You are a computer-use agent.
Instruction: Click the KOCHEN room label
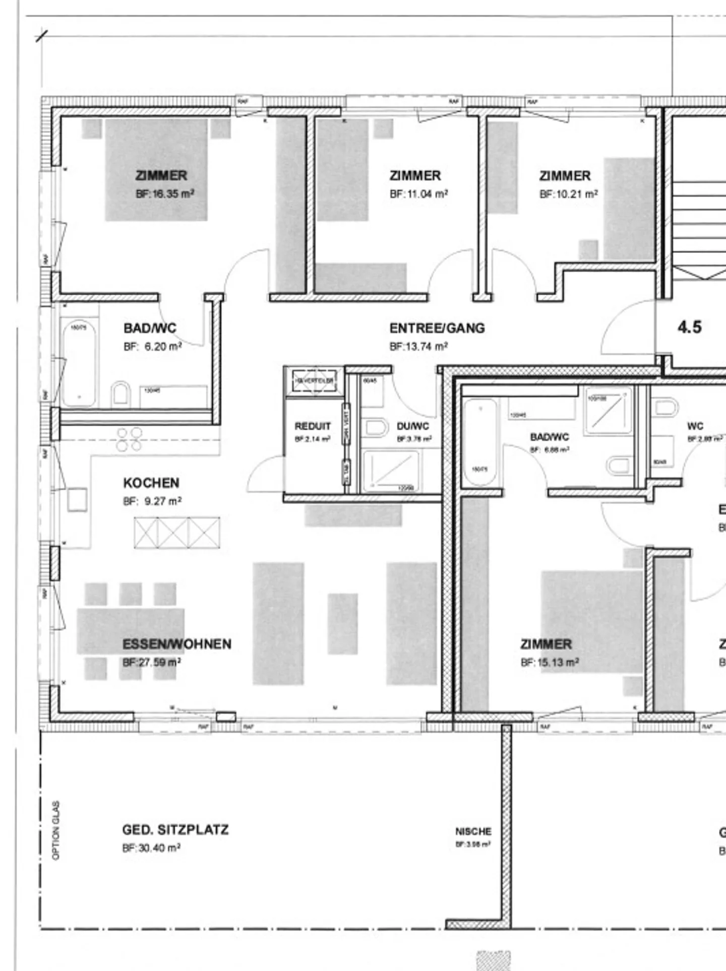coord(151,483)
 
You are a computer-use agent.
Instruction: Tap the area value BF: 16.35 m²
coord(165,194)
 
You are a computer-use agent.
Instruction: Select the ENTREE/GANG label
coord(437,329)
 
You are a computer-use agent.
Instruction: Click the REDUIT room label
coord(313,426)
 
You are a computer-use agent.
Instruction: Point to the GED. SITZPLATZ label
coord(175,830)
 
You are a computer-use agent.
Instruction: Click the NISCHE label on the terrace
coord(473,831)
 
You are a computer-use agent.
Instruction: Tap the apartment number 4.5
coord(689,327)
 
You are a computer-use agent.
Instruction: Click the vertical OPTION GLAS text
coord(56,830)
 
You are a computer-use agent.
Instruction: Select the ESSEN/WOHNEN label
coord(177,644)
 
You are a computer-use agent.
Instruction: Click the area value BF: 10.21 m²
coord(569,194)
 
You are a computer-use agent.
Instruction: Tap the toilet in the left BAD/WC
coord(120,393)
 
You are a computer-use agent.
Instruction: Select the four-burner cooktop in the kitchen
coord(129,439)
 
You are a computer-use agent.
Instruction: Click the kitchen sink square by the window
coord(77,499)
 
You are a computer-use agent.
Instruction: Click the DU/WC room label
coord(412,426)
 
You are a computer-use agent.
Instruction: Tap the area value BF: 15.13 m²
coord(550,663)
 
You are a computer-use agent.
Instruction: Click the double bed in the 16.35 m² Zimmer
coord(156,170)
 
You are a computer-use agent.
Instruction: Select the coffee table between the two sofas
coord(342,623)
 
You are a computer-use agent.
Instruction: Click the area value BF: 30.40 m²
coord(151,848)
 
